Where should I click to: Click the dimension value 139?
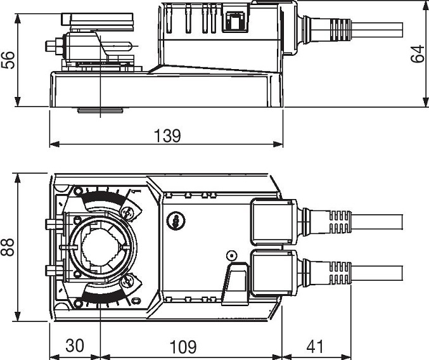[x=167, y=136]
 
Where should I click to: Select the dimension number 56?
[x=8, y=60]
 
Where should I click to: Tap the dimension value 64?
[x=418, y=54]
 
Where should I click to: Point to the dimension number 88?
[x=8, y=247]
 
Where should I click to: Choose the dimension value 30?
[x=75, y=345]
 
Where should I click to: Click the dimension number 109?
[x=183, y=347]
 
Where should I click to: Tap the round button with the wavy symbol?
[x=176, y=221]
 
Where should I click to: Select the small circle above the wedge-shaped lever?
[x=231, y=256]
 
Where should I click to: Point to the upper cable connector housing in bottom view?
[x=274, y=222]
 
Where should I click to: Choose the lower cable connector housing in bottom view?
[x=274, y=273]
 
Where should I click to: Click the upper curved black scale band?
[x=103, y=198]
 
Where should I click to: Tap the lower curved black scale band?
[x=103, y=295]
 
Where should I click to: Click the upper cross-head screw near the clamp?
[x=127, y=212]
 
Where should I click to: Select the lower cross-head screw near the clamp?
[x=127, y=281]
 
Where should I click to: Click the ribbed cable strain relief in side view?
[x=340, y=30]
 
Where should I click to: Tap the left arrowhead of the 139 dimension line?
[x=54, y=144]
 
